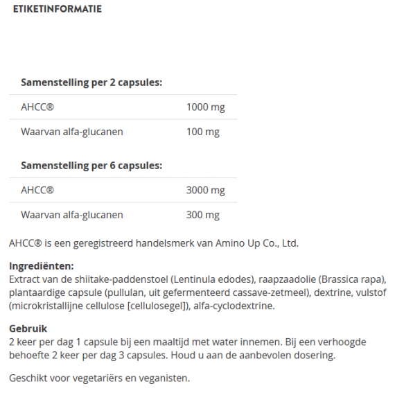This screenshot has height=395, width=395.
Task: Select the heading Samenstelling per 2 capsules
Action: [91, 82]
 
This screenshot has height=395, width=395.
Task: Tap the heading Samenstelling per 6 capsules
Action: [91, 166]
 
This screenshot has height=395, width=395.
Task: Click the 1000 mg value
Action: [206, 107]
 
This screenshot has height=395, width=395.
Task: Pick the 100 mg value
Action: [203, 132]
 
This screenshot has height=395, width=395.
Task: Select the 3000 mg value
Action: [206, 191]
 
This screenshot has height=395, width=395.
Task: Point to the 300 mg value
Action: [203, 215]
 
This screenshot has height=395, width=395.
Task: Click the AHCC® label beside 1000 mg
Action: [37, 107]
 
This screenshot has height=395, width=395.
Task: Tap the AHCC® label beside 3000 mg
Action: [37, 191]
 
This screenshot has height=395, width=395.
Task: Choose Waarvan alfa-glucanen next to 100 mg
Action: [72, 132]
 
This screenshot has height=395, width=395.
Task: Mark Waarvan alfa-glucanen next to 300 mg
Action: [72, 215]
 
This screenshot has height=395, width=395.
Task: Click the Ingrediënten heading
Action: [42, 266]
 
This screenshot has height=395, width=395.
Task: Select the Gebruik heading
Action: [28, 328]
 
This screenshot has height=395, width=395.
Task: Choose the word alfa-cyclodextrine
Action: [238, 306]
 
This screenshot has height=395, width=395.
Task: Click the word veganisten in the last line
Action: [164, 378]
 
